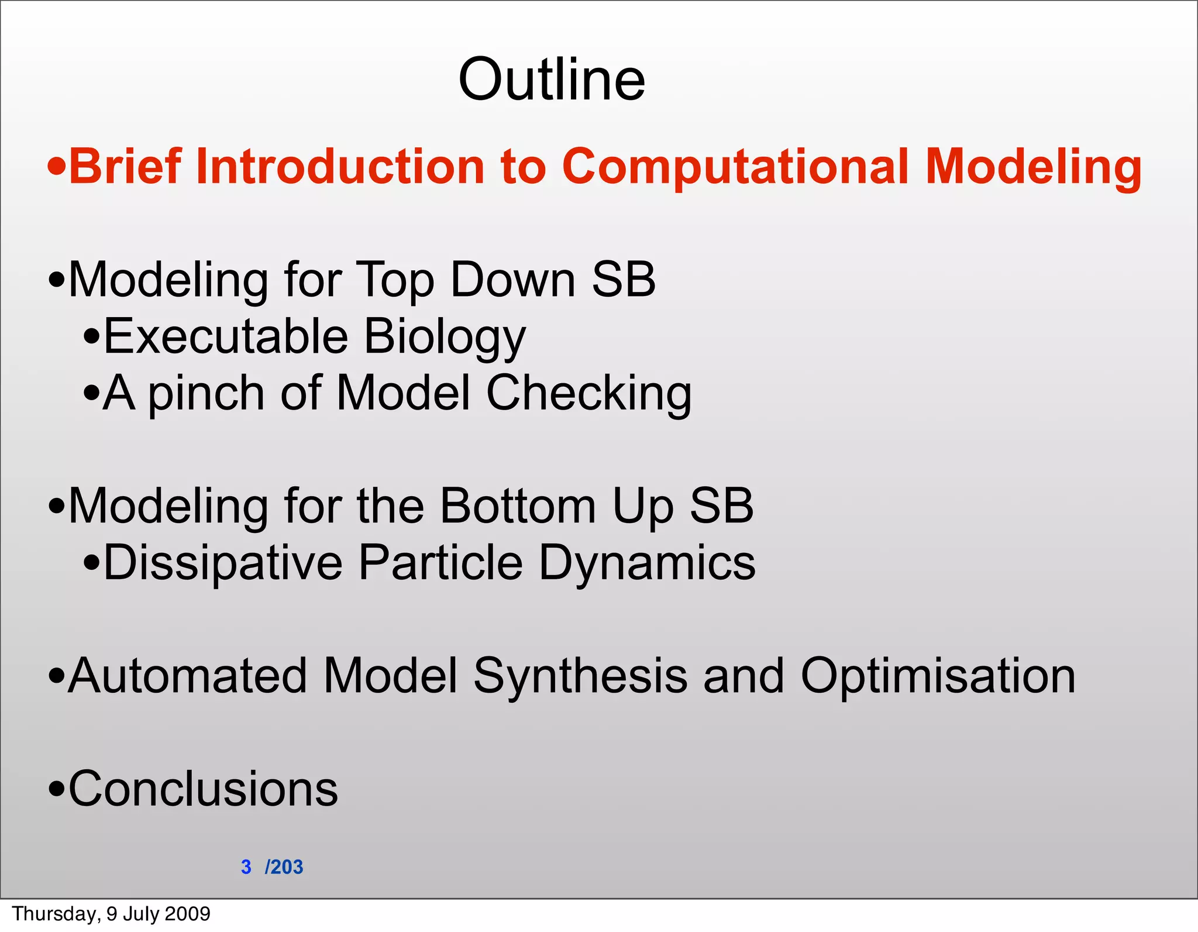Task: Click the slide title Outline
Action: pyautogui.click(x=552, y=80)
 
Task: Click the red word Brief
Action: pyautogui.click(x=125, y=167)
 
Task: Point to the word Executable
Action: pyautogui.click(x=226, y=336)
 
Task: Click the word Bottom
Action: pyautogui.click(x=517, y=506)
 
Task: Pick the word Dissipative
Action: pyautogui.click(x=223, y=563)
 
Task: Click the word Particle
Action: pyautogui.click(x=440, y=562)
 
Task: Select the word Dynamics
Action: pyautogui.click(x=647, y=563)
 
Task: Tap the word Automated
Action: pyautogui.click(x=187, y=676)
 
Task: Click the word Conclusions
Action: pyautogui.click(x=203, y=789)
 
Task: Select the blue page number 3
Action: pyautogui.click(x=246, y=866)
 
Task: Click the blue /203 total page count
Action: pyautogui.click(x=284, y=866)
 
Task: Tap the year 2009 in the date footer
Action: pyautogui.click(x=187, y=913)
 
